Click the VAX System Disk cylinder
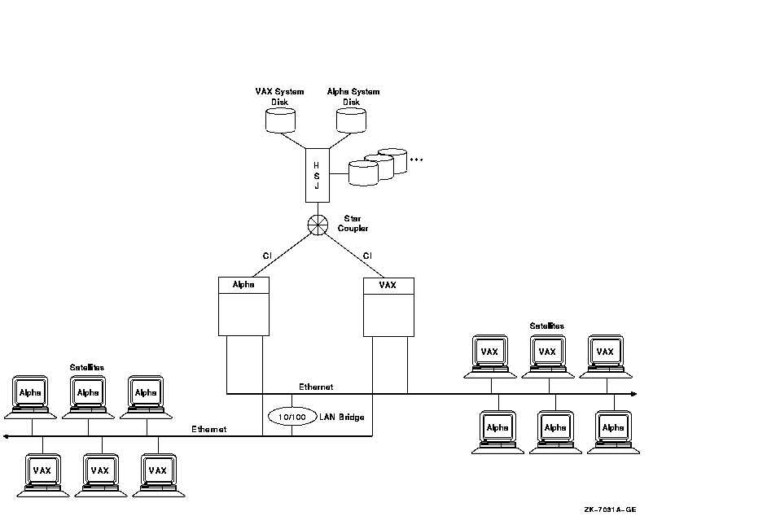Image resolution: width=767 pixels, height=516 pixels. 279,120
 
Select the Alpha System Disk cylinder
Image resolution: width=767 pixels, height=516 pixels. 352,120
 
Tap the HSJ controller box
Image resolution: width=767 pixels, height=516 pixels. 317,174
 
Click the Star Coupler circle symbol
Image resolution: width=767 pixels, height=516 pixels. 317,225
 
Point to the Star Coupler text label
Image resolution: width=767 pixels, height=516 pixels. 353,224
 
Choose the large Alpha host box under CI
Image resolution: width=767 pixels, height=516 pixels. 243,306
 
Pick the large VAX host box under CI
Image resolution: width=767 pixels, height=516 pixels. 388,306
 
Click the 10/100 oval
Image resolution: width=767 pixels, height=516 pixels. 291,417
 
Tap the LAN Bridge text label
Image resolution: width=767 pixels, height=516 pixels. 341,417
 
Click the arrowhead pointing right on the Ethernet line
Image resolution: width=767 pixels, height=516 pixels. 633,394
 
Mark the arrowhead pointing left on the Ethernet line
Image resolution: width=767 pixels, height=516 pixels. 7,437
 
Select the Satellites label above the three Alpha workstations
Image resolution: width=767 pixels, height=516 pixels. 87,367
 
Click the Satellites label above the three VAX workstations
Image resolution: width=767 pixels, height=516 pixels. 546,326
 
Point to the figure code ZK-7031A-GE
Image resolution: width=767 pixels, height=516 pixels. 610,509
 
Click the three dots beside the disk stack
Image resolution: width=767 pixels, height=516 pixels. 417,160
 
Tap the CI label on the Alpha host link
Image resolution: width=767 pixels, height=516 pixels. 266,256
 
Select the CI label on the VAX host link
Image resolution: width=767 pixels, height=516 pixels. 367,256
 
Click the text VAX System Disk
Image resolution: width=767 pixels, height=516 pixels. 279,96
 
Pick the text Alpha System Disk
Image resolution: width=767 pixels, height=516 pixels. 353,96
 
